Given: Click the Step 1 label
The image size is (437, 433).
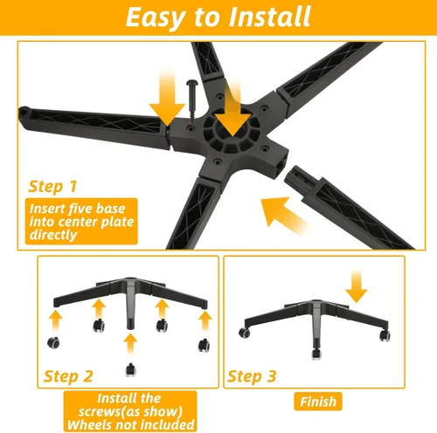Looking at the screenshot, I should tap(55, 186).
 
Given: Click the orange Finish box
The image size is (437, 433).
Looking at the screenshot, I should tap(317, 402).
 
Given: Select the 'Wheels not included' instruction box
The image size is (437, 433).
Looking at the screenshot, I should tap(129, 409).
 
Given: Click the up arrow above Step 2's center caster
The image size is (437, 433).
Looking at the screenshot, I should tap(130, 339).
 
